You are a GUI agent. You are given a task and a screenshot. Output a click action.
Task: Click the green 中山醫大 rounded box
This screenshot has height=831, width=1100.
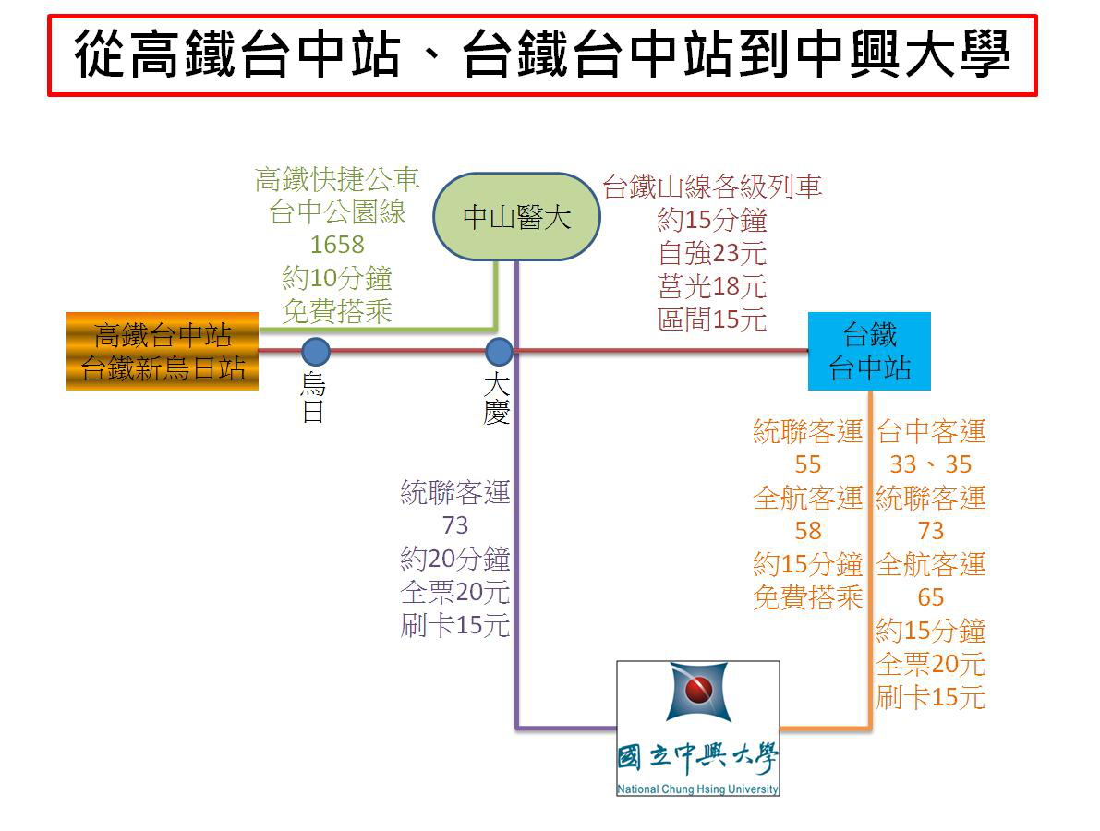(516, 218)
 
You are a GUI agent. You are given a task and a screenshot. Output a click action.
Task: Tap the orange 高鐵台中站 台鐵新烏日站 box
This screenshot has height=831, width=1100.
(163, 351)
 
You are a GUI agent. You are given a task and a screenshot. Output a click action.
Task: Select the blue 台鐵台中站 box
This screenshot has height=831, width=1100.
(869, 351)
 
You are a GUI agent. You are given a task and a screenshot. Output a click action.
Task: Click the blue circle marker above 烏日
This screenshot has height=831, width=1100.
(316, 352)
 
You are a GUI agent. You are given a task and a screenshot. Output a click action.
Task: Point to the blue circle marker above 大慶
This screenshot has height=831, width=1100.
(499, 352)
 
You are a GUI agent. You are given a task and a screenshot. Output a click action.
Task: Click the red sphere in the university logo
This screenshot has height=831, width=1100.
(698, 689)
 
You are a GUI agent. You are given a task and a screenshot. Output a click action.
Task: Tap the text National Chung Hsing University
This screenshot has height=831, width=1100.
(698, 789)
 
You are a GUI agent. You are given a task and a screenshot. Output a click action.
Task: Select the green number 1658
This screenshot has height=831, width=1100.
(337, 245)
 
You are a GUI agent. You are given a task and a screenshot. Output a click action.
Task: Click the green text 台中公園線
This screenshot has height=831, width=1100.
(337, 212)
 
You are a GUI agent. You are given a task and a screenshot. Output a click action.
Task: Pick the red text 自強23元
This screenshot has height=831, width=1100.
(712, 253)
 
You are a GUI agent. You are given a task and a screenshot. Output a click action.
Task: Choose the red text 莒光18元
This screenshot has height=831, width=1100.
(712, 286)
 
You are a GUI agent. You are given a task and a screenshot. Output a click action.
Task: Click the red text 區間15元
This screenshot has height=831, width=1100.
(712, 319)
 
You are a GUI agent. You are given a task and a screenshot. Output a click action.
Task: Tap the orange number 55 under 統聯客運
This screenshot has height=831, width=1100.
(808, 464)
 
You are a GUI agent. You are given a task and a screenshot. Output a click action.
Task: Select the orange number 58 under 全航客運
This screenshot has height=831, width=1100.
(808, 531)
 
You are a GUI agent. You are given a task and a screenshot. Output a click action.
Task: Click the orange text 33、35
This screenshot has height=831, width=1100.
(931, 464)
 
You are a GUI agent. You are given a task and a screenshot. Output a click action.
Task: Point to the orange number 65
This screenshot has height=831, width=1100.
(931, 597)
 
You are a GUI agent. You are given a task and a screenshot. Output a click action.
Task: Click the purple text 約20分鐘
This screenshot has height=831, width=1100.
(455, 559)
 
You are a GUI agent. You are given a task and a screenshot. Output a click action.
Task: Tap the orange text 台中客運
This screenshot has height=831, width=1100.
(931, 431)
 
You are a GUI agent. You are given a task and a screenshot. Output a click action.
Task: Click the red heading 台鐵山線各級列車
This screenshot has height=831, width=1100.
(712, 187)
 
